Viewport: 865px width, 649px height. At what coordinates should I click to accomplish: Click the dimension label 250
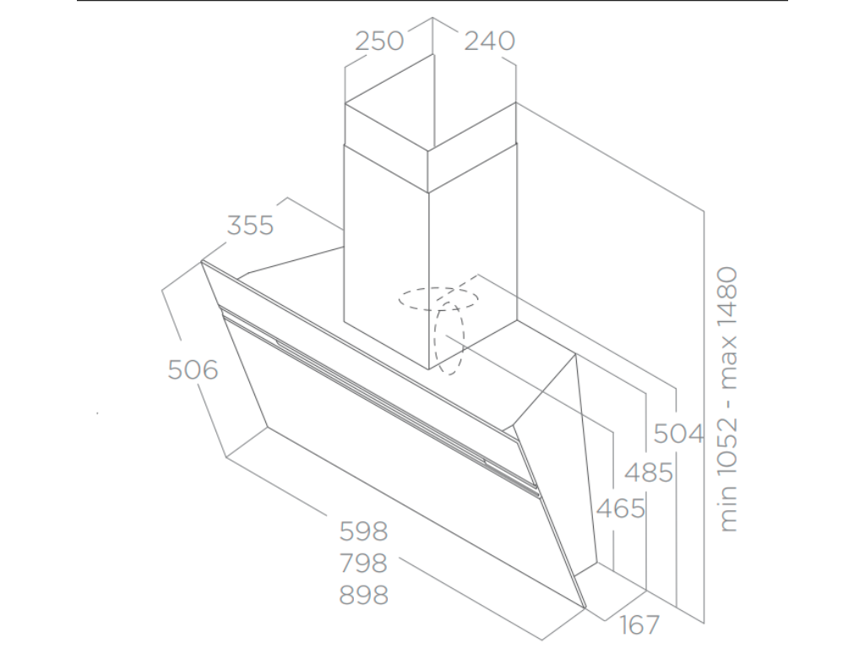click(379, 41)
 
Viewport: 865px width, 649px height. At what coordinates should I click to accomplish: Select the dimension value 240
click(489, 41)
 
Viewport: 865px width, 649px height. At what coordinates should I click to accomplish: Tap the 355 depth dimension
click(251, 226)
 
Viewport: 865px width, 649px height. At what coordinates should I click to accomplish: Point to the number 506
click(193, 369)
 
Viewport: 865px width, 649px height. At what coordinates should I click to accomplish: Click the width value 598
click(363, 532)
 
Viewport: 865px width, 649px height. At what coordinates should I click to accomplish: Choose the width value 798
click(363, 563)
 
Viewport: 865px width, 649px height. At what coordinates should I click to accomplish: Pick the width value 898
click(363, 594)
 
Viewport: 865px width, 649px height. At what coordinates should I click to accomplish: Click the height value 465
click(621, 509)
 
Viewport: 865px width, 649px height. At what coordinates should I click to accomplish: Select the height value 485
click(649, 472)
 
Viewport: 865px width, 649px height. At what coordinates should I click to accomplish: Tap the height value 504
click(678, 434)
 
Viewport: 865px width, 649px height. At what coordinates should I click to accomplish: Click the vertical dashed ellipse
click(449, 338)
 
